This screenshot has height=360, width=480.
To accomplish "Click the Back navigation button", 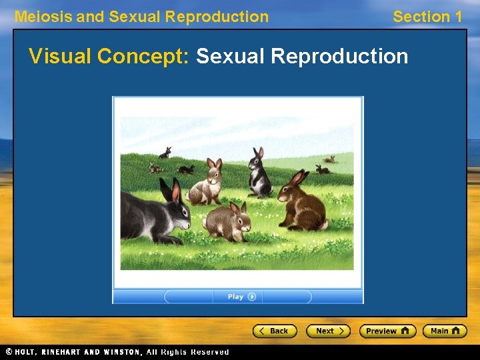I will pos(273,331).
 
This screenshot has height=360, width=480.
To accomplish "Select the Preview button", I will pos(387,331).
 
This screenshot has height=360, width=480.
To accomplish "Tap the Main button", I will pos(445,331).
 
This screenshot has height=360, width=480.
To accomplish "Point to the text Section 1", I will pos(427,17).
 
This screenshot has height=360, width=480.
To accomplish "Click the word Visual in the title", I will pos(60,57).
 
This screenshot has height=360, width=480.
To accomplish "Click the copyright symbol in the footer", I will pos(8,351).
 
